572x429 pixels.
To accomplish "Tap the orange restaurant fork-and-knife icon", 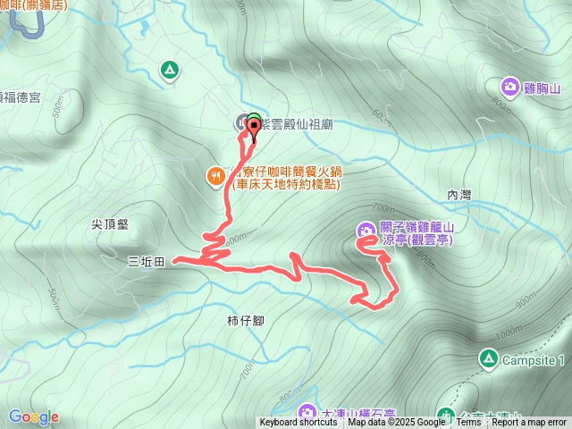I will tap(215, 176).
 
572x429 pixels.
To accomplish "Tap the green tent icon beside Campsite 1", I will tap(488, 359).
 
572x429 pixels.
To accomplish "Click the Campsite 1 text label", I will tap(535, 360).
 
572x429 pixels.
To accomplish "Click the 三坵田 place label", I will tap(147, 261).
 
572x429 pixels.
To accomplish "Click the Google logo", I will tap(33, 416).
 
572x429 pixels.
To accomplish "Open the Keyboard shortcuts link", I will tap(299, 423).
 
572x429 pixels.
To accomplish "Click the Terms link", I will tap(468, 423).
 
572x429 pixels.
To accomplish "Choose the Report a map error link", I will tap(529, 423).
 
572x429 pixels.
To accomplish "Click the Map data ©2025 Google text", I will tap(396, 423).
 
